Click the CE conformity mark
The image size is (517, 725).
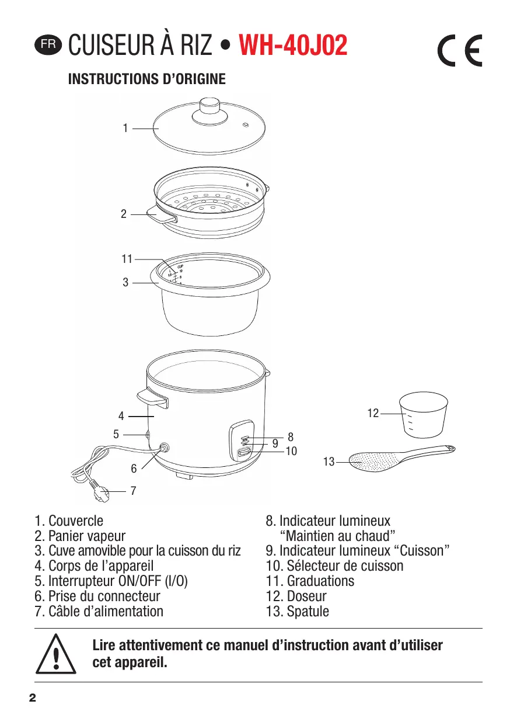pos(460,51)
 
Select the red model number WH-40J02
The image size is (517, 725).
pos(294,46)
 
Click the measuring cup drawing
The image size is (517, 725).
pos(423,415)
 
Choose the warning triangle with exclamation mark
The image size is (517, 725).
pos(56,654)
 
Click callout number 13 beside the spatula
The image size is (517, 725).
pos(329,462)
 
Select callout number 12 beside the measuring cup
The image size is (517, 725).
pos(373,414)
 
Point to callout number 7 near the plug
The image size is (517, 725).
pos(134,491)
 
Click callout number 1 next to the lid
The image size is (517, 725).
pos(125,128)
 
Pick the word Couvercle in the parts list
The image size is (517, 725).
pos(76,521)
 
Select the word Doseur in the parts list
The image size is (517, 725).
pos(306,596)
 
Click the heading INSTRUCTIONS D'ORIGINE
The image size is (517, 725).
pos(147,79)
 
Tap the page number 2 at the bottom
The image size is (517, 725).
pos(33,698)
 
